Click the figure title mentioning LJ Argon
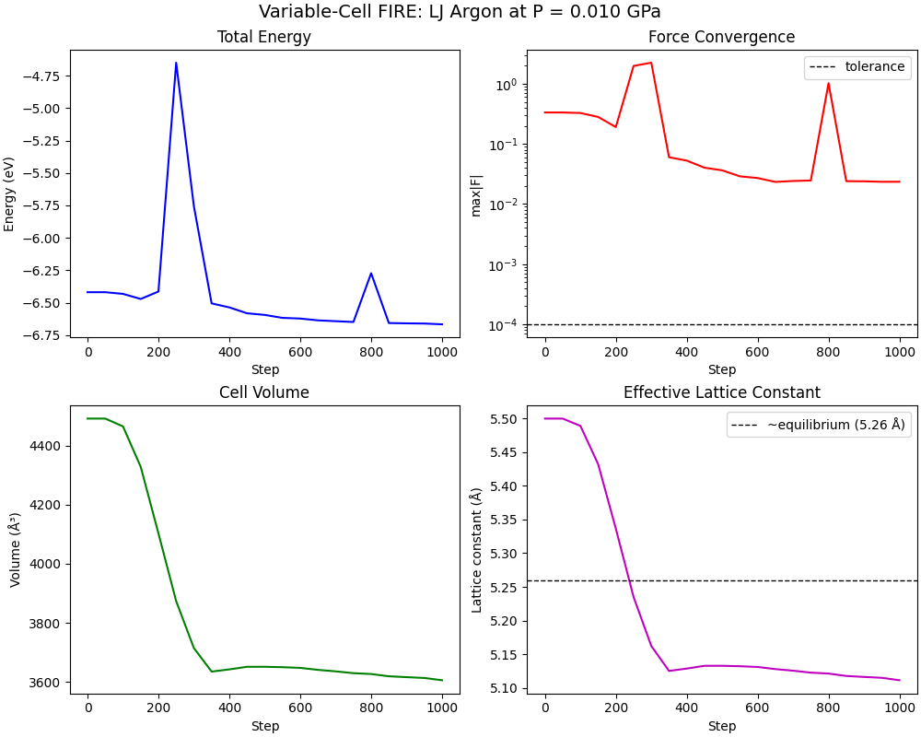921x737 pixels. point(460,12)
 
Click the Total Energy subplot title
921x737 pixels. point(263,37)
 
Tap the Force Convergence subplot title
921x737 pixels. point(721,37)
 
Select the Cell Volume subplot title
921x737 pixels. point(263,392)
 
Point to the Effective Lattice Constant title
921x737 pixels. point(721,392)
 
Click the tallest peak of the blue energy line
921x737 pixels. point(176,63)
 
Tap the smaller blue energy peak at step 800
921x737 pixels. point(371,273)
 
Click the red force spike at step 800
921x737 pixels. point(828,83)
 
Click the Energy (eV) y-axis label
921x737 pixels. point(9,193)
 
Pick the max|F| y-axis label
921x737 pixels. point(476,193)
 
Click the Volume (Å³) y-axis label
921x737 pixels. point(15,549)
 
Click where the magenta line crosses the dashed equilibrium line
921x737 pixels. point(629,580)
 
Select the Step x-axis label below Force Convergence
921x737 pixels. point(721,370)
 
